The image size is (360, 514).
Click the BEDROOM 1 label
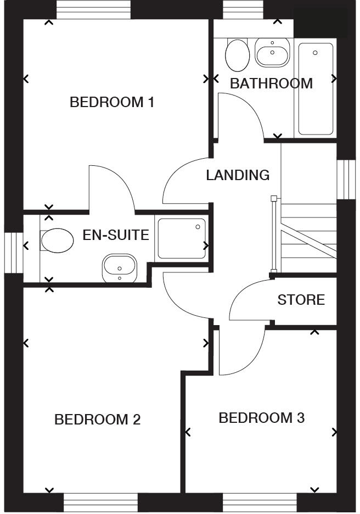[x=112, y=102]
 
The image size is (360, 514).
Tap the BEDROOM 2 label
[x=98, y=420]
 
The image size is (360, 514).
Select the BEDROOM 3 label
[x=261, y=418]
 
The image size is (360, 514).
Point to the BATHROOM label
[x=271, y=83]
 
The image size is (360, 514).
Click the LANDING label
[x=238, y=175]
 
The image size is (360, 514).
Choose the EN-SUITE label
[x=116, y=236]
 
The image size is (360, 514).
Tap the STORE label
[x=301, y=300]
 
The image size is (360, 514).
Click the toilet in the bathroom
[x=237, y=54]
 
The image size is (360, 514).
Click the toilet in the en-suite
[x=57, y=241]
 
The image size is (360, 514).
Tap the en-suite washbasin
[x=119, y=267]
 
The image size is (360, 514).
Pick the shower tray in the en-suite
[x=182, y=238]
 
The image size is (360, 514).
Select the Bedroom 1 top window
[x=94, y=9]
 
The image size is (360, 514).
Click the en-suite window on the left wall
[x=12, y=253]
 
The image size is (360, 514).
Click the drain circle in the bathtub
[x=315, y=53]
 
